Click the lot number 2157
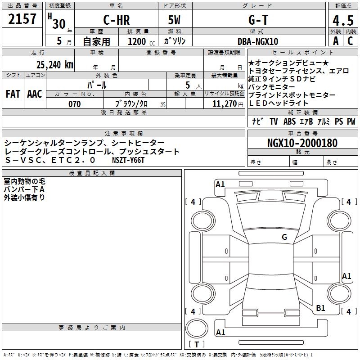(x=22, y=19)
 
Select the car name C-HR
(x=117, y=20)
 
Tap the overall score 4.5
(x=343, y=20)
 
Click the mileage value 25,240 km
(x=54, y=65)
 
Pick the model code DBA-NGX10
(x=258, y=41)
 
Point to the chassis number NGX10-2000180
(x=302, y=143)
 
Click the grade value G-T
(x=258, y=20)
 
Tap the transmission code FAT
(x=13, y=94)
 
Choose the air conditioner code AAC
(x=35, y=94)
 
